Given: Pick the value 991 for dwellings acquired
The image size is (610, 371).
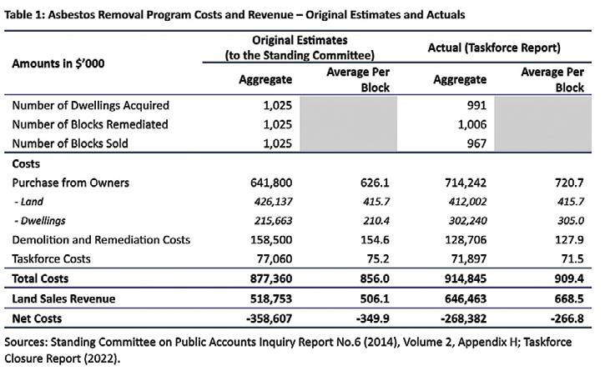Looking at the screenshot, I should pyautogui.click(x=474, y=105).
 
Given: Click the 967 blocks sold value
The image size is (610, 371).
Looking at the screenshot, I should pyautogui.click(x=474, y=143).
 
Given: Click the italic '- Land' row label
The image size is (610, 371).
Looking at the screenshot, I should pyautogui.click(x=32, y=202).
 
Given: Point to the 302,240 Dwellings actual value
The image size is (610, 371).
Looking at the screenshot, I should pyautogui.click(x=466, y=221).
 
